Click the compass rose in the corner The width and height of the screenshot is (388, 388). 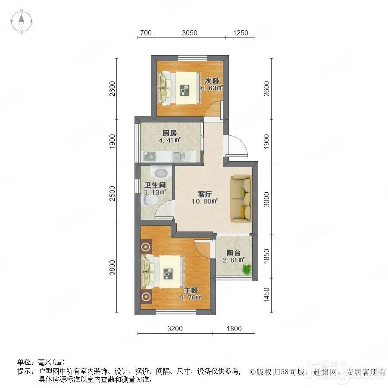tap(22, 22)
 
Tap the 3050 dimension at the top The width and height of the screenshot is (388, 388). tap(190, 33)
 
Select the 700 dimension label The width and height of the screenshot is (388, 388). tap(146, 33)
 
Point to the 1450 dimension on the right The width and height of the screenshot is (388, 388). tap(266, 295)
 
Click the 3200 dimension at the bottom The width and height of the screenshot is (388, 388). tap(175, 329)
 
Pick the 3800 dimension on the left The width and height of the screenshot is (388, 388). tap(113, 267)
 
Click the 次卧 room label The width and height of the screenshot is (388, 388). tap(212, 81)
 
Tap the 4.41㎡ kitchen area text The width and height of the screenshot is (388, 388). tap(170, 141)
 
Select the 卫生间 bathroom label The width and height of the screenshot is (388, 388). tap(155, 185)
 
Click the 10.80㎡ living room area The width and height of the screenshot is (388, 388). tap(205, 201)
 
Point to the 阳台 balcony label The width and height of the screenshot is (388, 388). tap(233, 253)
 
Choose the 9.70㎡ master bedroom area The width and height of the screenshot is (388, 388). tap(191, 297)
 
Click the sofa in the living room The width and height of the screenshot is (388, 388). tap(241, 198)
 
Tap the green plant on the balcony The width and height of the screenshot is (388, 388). tap(247, 269)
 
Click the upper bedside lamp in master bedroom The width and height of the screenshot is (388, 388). tap(146, 247)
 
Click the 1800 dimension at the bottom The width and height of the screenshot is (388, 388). tap(234, 329)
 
